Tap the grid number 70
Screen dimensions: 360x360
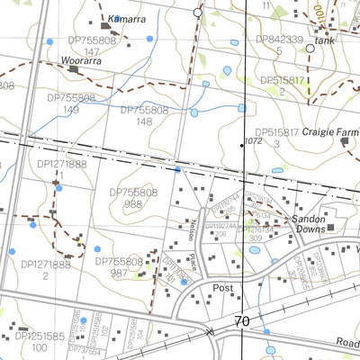click(242, 321)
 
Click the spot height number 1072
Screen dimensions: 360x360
click(252, 141)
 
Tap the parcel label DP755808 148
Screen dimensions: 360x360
click(144, 115)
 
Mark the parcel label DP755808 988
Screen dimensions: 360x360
click(134, 198)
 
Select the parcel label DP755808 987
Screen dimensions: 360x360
click(119, 267)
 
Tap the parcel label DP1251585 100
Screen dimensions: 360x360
click(38, 342)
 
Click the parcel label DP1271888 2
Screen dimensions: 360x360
click(45, 270)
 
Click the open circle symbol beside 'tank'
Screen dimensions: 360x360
click(310, 49)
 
